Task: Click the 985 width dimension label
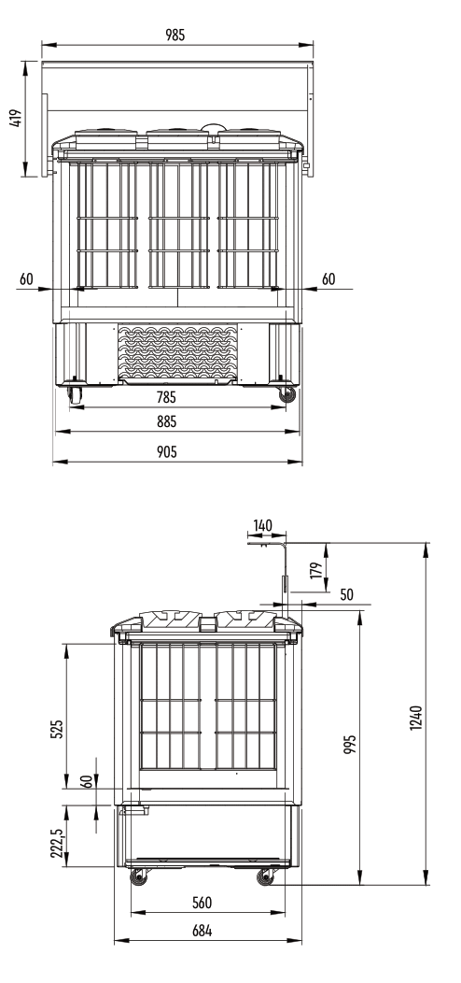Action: (175, 36)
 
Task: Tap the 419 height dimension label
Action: (16, 119)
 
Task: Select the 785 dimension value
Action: (166, 397)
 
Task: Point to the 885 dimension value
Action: (166, 422)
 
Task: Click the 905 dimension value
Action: (166, 451)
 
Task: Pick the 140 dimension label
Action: (262, 525)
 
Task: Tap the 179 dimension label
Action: (315, 570)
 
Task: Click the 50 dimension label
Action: (346, 594)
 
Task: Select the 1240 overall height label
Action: (416, 718)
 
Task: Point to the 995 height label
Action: (350, 744)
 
